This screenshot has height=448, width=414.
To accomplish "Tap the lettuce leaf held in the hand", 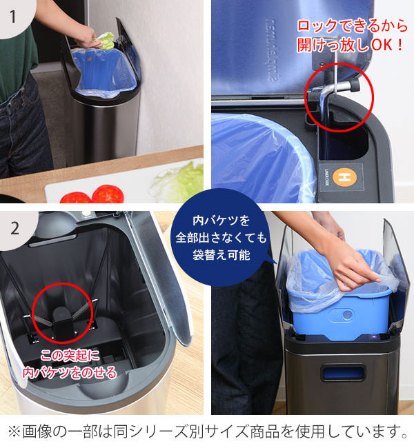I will (x=104, y=40).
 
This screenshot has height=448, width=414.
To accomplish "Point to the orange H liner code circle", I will (x=343, y=178).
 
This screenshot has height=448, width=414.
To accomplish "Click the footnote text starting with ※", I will (x=207, y=432).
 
